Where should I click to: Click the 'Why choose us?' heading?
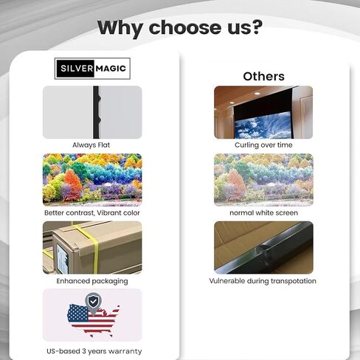click(x=180, y=27)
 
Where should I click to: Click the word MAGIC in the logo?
click(x=111, y=69)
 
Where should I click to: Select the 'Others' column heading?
click(x=263, y=76)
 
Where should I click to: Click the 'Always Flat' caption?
click(x=91, y=145)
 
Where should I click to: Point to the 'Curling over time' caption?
click(x=263, y=145)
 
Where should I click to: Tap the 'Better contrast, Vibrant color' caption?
click(x=92, y=213)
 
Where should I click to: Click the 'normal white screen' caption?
click(x=263, y=213)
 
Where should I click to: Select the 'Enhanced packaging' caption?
click(x=92, y=281)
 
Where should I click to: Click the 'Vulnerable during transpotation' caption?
click(x=263, y=281)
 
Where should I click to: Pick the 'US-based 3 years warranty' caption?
click(x=94, y=351)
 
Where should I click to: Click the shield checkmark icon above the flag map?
click(x=93, y=302)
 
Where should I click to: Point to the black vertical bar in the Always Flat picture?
click(x=97, y=112)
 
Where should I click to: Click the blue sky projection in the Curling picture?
click(x=263, y=125)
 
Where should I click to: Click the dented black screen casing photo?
click(x=263, y=247)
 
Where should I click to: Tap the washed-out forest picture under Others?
click(x=263, y=180)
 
